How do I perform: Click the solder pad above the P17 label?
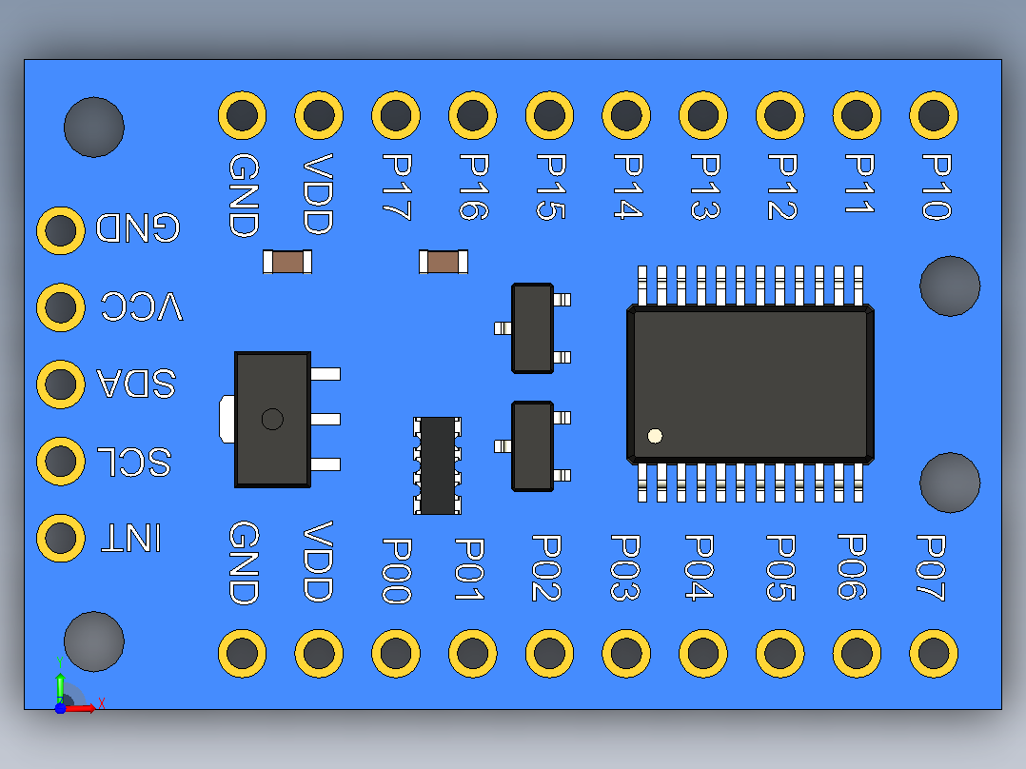tap(396, 115)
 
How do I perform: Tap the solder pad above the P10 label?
tap(934, 115)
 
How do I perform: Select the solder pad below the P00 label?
tap(396, 653)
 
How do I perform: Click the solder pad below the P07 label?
tap(934, 653)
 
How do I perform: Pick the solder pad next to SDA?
tap(61, 384)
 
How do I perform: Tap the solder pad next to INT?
tap(61, 538)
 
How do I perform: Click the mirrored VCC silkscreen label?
tap(142, 306)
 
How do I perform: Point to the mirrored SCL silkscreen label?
tap(134, 462)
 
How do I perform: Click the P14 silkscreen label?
tap(628, 186)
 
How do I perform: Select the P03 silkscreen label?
tap(625, 567)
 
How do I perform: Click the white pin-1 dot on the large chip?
tap(655, 436)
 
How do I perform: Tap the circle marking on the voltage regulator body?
tap(272, 419)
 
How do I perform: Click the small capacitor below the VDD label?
tap(287, 262)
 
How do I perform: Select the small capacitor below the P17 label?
tap(443, 262)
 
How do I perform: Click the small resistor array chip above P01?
tap(437, 465)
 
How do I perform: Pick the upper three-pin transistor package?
tap(533, 328)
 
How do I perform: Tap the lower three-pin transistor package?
tap(533, 446)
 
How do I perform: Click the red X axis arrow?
tap(80, 708)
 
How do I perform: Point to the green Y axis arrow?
tap(60, 688)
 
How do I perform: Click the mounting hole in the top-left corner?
tap(93, 127)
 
